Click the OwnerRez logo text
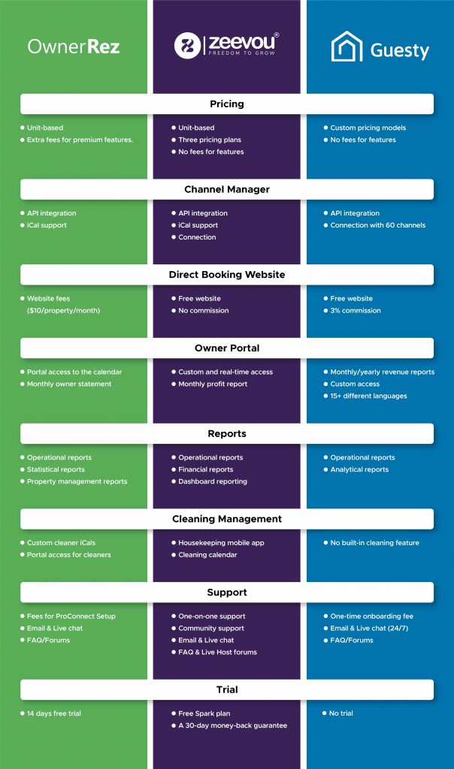74,47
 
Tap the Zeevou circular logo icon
187,46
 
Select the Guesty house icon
347,47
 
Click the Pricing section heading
227,104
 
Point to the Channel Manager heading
227,189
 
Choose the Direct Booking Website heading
227,275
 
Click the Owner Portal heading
227,348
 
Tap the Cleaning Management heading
227,519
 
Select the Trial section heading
227,689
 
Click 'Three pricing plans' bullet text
210,140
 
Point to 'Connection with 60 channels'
378,225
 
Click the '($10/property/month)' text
63,310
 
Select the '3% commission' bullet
356,310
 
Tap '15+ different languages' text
368,396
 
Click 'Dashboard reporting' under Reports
213,481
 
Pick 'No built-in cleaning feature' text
374,543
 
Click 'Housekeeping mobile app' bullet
221,543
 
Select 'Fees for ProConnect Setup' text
71,616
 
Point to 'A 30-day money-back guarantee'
233,725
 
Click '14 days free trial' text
54,713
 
